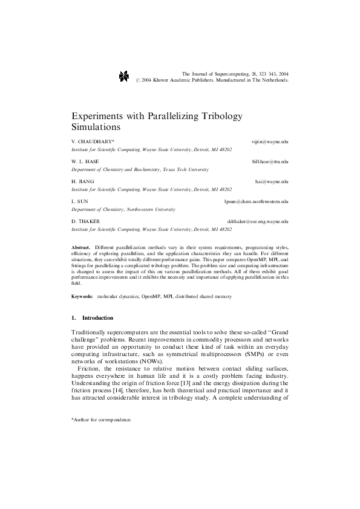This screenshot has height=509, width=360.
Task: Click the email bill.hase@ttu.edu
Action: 270,162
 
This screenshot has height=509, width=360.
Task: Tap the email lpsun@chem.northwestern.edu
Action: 256,201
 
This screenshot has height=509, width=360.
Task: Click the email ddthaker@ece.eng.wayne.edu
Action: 257,222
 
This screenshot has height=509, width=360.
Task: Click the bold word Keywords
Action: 82,297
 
